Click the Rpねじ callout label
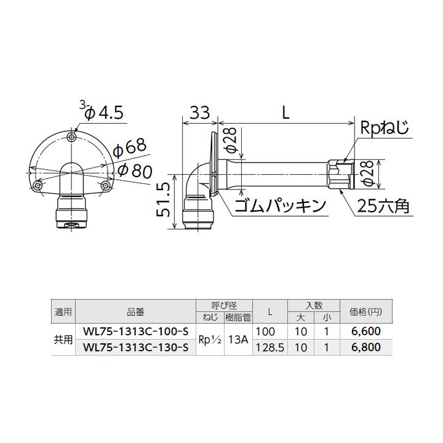coord(385,129)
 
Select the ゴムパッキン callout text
coord(279,206)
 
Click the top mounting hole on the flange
coord(73,136)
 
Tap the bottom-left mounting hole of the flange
coord(38,185)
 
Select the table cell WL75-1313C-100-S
coord(135,332)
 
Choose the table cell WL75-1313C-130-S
coord(135,347)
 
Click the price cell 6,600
coord(365,332)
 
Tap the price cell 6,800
coord(365,347)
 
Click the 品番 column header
coord(135,311)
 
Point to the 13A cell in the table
coord(236,339)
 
